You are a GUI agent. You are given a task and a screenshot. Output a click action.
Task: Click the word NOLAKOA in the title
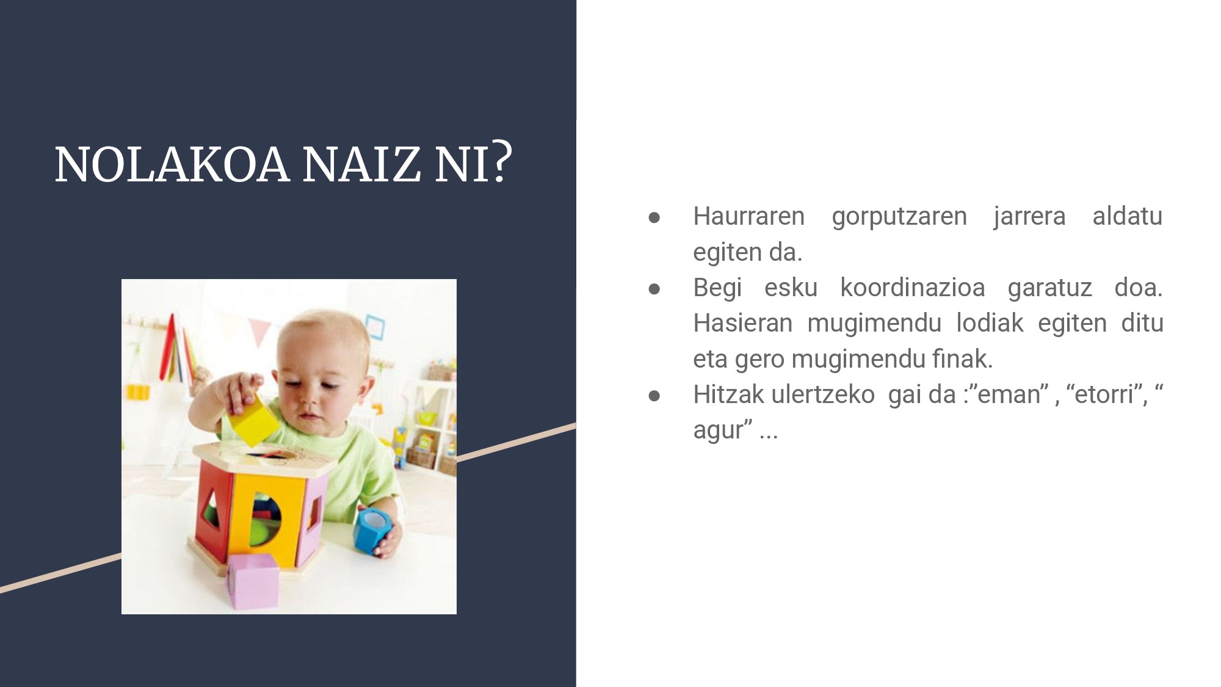tap(172, 164)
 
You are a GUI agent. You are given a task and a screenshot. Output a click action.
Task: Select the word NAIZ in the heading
tap(361, 164)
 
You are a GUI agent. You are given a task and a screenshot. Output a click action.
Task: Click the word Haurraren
tap(748, 216)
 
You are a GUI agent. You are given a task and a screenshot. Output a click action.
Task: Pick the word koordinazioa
tap(913, 288)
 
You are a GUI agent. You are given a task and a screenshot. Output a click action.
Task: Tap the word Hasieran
tap(742, 323)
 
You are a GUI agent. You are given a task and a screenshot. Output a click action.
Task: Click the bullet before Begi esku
tap(654, 288)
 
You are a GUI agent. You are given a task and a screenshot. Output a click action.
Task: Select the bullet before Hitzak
tap(654, 396)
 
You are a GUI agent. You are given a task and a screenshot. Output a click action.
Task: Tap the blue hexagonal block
tap(372, 529)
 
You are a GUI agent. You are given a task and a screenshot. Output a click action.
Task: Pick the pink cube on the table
tap(253, 581)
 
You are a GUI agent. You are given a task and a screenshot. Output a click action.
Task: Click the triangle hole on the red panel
tap(212, 508)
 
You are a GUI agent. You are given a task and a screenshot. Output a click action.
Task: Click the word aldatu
tap(1127, 216)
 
